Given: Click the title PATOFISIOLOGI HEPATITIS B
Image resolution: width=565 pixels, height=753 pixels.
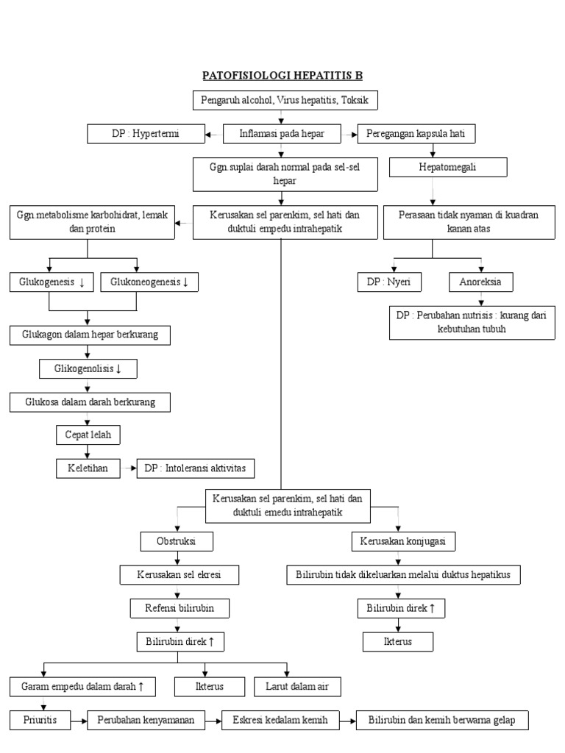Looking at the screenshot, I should coord(282,76).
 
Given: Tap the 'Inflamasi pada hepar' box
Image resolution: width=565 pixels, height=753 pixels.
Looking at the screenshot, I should coord(281,134).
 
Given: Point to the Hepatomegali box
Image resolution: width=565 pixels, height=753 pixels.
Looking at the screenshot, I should coord(448,168).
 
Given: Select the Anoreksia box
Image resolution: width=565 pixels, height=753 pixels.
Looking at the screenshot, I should coord(481,282).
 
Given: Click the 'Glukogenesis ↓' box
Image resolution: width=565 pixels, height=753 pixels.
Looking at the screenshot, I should coord(51,282).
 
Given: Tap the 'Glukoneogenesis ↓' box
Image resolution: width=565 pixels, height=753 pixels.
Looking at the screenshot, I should coord(149,282).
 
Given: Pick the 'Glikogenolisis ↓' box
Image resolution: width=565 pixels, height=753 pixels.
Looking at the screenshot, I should coord(88,368).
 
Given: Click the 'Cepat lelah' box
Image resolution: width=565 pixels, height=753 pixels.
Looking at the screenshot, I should coord(88,435).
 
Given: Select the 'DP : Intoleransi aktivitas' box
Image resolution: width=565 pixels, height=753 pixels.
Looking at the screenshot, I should coord(196,468).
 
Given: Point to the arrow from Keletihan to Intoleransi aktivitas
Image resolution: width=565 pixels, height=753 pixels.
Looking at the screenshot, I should coord(128,468).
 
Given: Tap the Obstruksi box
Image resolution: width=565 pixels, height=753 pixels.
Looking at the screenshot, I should coord(177,542).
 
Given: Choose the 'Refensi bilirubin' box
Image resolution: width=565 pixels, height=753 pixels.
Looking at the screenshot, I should coord(177,608).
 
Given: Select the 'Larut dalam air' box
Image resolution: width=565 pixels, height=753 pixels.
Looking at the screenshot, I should coord(287,687).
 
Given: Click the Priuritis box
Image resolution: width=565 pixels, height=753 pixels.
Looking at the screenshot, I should coord(41,720).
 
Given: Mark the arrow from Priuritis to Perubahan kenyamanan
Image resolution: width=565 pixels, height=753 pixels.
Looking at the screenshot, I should coord(79,720).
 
